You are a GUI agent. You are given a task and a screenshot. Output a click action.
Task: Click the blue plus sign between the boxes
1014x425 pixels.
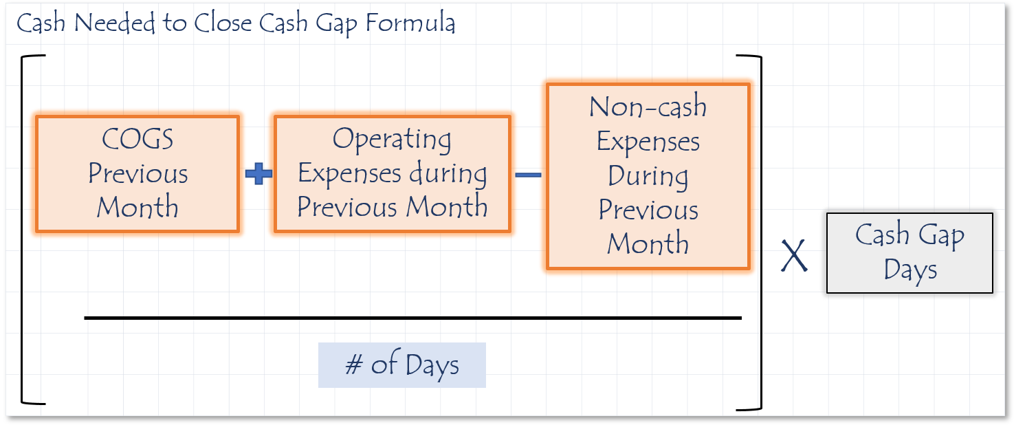[x=258, y=174]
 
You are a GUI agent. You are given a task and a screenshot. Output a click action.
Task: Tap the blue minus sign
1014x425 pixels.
[x=528, y=175]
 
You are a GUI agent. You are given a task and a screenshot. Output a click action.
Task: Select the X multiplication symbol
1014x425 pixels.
[x=794, y=257]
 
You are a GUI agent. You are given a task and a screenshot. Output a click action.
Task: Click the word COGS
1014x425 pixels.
[x=137, y=140]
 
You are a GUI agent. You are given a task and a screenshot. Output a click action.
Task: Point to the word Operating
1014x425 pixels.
[x=392, y=140]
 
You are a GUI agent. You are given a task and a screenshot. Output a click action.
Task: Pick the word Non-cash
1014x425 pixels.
[x=648, y=107]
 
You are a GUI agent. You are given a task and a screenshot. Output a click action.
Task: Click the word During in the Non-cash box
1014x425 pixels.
[x=648, y=176]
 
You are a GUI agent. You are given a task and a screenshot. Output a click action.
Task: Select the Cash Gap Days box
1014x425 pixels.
[x=910, y=253]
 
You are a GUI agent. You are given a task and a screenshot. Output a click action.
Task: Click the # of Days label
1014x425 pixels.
[x=402, y=365]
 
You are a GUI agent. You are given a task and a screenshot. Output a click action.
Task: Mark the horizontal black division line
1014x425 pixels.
[x=412, y=318]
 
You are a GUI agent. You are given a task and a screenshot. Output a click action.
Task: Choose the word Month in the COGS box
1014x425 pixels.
[x=137, y=207]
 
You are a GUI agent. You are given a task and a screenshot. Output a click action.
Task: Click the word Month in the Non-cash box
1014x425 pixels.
[x=648, y=243]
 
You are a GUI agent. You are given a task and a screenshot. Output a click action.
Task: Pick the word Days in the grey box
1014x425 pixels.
[x=910, y=270]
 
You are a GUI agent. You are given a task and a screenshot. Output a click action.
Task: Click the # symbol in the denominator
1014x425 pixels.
[x=354, y=365]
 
